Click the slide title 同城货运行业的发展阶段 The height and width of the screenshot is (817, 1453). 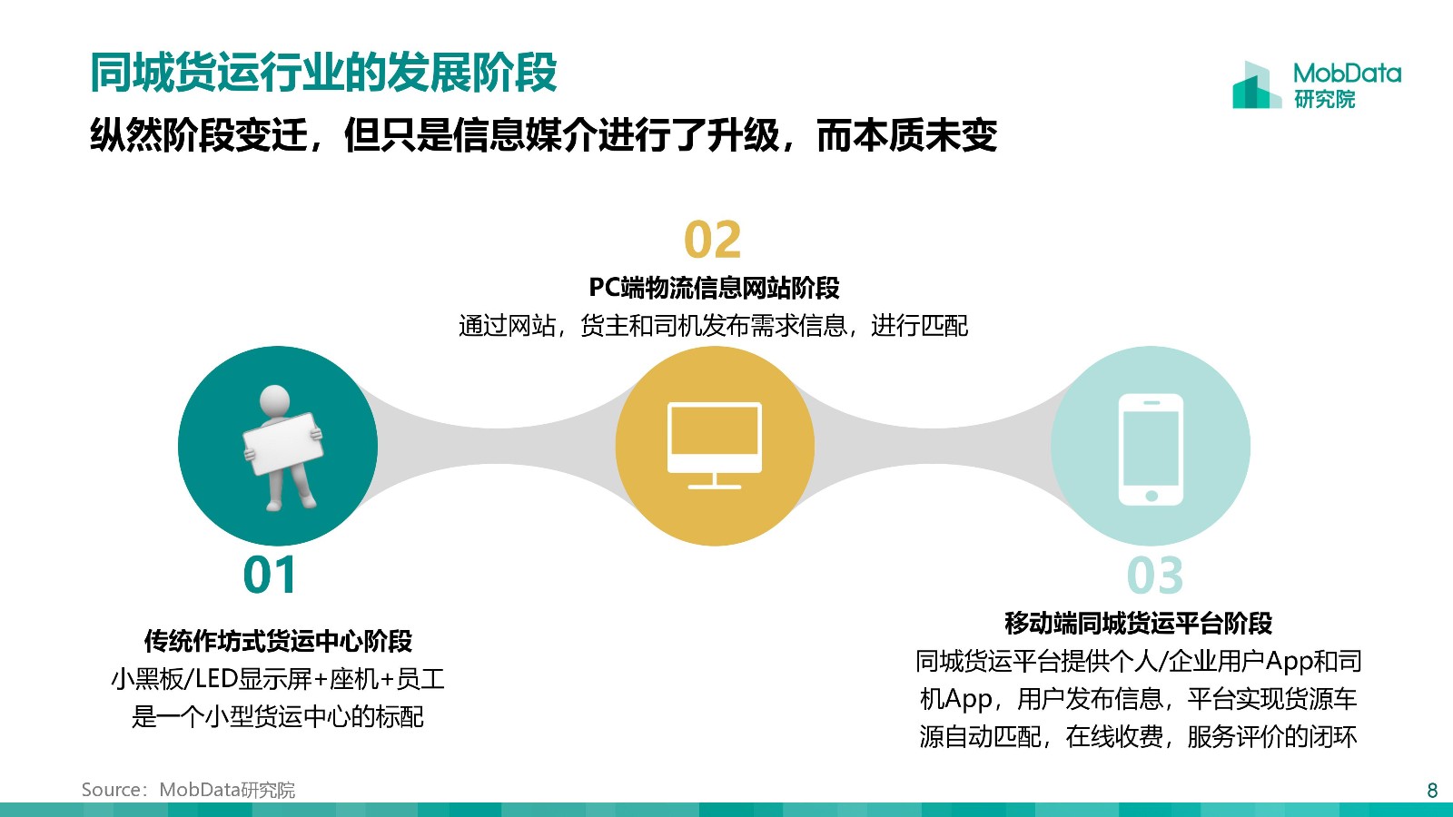323,73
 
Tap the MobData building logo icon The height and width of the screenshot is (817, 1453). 1257,85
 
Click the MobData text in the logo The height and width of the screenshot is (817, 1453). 1347,74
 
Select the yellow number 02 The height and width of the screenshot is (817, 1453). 712,240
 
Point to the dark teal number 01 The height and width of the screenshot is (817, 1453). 269,575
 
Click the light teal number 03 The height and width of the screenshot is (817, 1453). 1154,576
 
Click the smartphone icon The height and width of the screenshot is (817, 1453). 1152,449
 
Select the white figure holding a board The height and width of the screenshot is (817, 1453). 282,448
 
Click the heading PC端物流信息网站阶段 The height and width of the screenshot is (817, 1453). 714,287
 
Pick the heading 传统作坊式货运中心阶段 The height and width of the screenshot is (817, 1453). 278,641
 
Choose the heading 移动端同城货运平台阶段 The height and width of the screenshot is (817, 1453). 1139,623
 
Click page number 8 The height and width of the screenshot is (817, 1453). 1432,790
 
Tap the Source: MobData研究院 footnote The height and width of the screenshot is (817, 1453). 188,790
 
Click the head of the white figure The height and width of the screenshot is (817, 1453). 274,401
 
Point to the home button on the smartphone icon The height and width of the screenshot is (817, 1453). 1152,496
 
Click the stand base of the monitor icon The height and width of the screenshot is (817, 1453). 714,487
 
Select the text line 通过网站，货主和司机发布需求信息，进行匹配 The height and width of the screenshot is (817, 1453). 713,326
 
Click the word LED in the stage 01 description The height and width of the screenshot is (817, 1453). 217,679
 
